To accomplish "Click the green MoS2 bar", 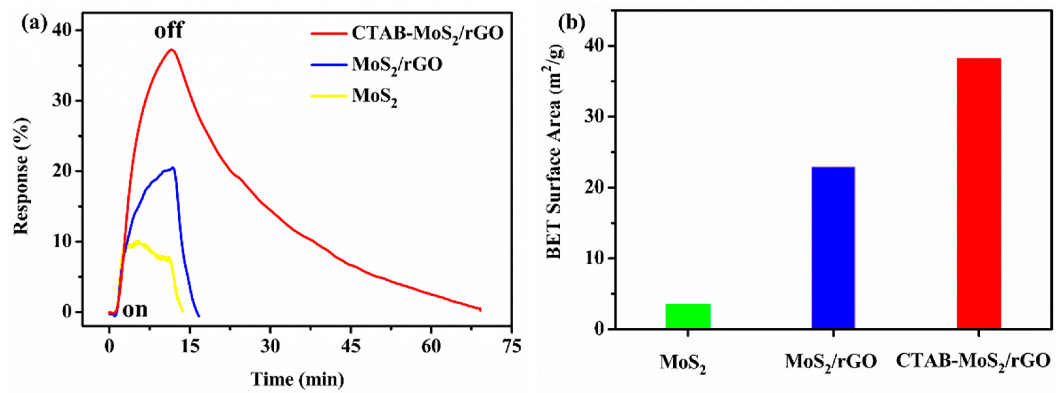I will coord(688,316).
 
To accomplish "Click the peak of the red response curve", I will coord(171,50).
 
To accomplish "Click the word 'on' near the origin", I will coord(135,309).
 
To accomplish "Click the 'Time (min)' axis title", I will coord(297,379).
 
